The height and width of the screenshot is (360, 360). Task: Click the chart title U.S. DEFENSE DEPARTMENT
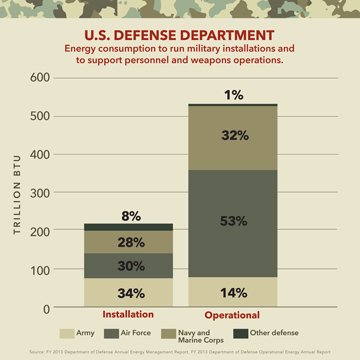tap(179, 35)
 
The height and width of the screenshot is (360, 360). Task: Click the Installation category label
tap(128, 315)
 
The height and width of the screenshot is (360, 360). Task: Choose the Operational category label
tap(232, 315)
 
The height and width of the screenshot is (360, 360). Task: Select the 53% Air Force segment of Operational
tap(233, 222)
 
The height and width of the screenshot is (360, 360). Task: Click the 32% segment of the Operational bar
tap(233, 136)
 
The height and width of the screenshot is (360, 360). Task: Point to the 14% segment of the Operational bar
tap(233, 292)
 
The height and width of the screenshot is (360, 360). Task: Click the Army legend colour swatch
tap(67, 333)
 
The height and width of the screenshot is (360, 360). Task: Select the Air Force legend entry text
tap(135, 333)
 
